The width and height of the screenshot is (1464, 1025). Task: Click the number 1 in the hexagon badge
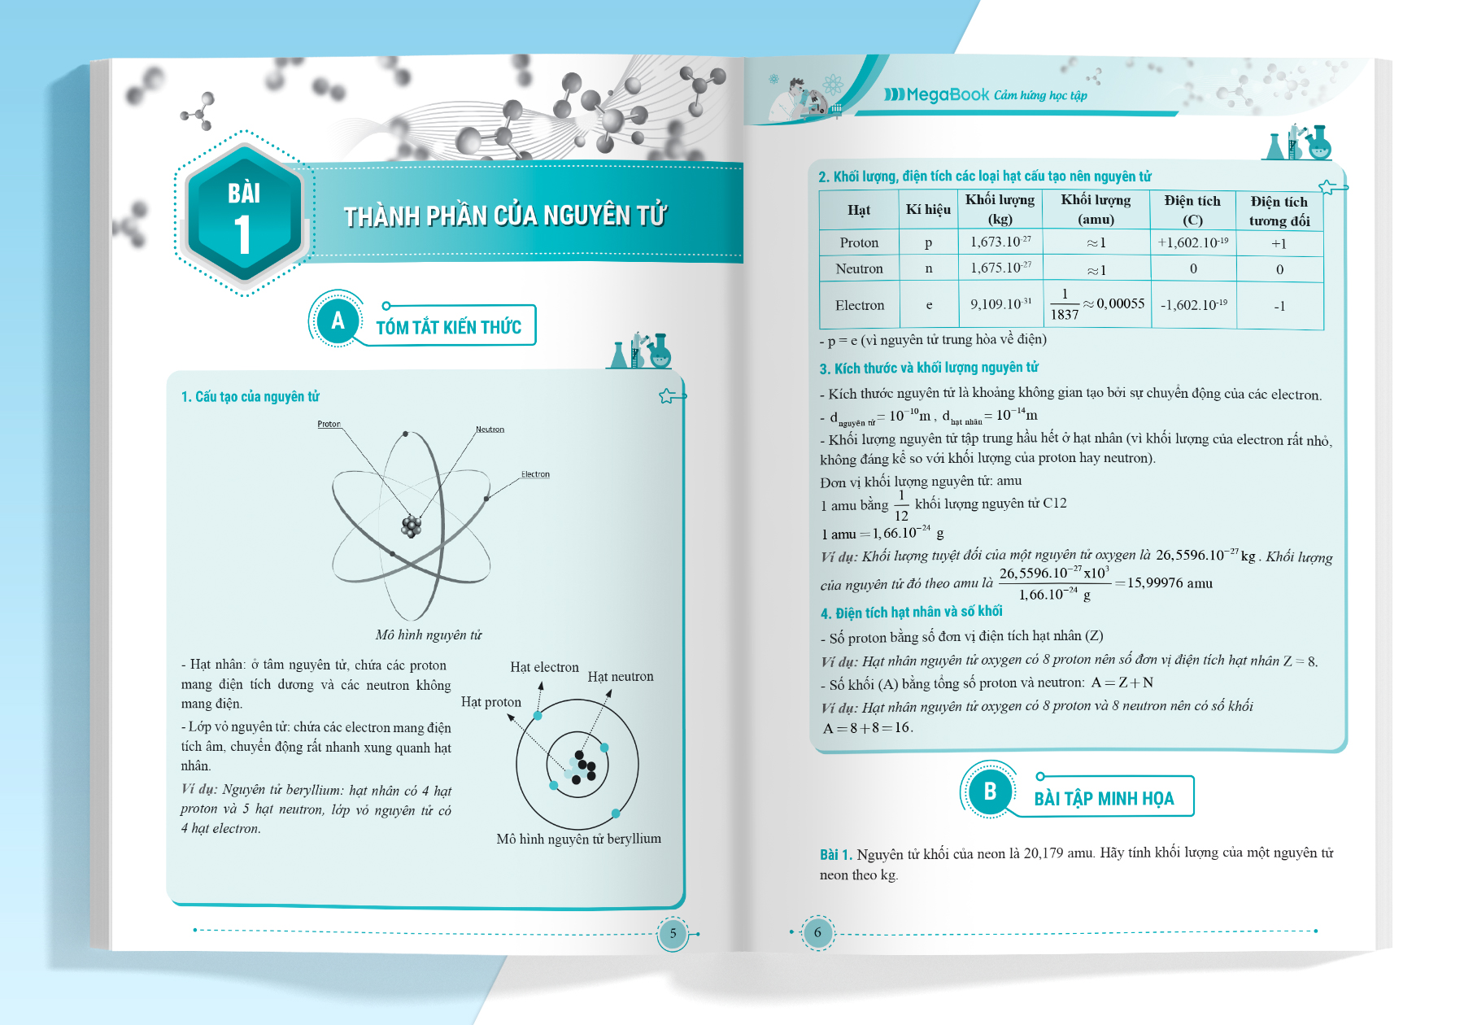pyautogui.click(x=242, y=235)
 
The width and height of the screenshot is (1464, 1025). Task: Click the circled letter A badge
pyautogui.click(x=338, y=320)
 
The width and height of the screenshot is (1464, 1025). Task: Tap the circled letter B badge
pyautogui.click(x=990, y=792)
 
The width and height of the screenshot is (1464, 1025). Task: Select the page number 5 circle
pyautogui.click(x=673, y=934)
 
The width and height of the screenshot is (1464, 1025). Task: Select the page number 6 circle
pyautogui.click(x=817, y=933)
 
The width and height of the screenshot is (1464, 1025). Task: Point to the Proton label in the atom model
pyautogui.click(x=329, y=424)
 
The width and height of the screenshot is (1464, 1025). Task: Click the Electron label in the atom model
pyautogui.click(x=535, y=474)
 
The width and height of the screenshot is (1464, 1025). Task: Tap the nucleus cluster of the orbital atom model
pyautogui.click(x=412, y=526)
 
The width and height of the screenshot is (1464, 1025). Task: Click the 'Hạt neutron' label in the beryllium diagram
pyautogui.click(x=621, y=677)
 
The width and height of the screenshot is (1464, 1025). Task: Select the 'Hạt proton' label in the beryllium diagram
pyautogui.click(x=490, y=702)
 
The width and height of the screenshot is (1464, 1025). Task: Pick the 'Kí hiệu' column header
pyautogui.click(x=928, y=210)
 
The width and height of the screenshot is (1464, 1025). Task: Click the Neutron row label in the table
pyautogui.click(x=859, y=268)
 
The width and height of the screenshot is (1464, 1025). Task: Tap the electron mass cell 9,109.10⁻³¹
pyautogui.click(x=1000, y=304)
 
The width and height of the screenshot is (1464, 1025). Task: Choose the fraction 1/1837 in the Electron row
pyautogui.click(x=1064, y=304)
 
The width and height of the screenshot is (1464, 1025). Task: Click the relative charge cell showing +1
pyautogui.click(x=1279, y=243)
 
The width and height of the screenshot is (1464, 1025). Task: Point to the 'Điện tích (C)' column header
pyautogui.click(x=1192, y=210)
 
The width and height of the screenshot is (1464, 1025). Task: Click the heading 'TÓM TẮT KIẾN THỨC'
pyautogui.click(x=448, y=327)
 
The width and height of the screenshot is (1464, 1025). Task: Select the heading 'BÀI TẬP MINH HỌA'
pyautogui.click(x=1104, y=799)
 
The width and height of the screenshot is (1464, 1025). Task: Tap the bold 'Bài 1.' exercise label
pyautogui.click(x=835, y=854)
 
